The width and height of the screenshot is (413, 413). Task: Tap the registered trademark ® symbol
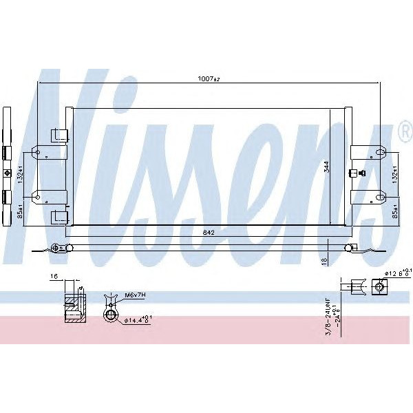(402, 129)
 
